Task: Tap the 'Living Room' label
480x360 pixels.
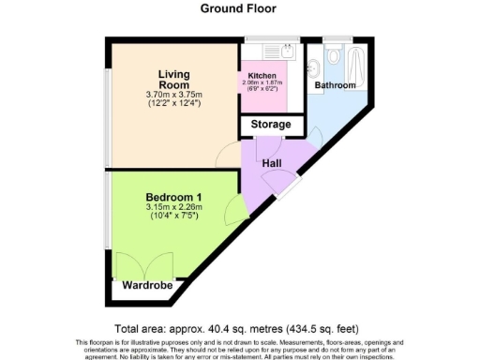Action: coord(169,79)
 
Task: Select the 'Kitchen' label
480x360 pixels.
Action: coord(262,75)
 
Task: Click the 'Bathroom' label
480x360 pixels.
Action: coord(335,85)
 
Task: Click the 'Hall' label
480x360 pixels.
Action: coord(273,163)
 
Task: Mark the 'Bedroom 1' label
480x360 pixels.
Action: coord(172,197)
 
